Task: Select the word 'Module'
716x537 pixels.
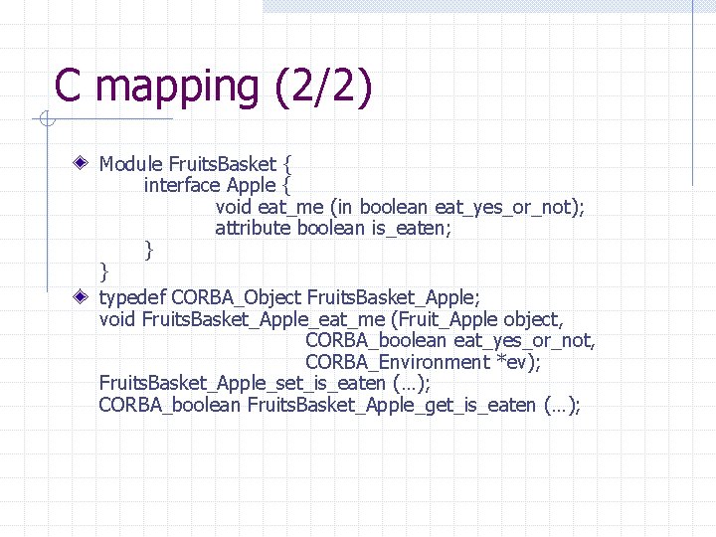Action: [131, 163]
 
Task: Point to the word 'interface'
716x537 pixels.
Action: [182, 185]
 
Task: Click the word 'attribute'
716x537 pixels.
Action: [253, 229]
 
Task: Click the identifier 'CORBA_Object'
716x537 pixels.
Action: [237, 297]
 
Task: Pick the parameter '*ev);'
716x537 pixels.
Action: [518, 362]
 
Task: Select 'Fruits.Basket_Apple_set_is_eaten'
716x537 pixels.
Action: [243, 384]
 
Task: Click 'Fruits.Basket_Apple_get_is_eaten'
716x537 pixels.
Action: [391, 406]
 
